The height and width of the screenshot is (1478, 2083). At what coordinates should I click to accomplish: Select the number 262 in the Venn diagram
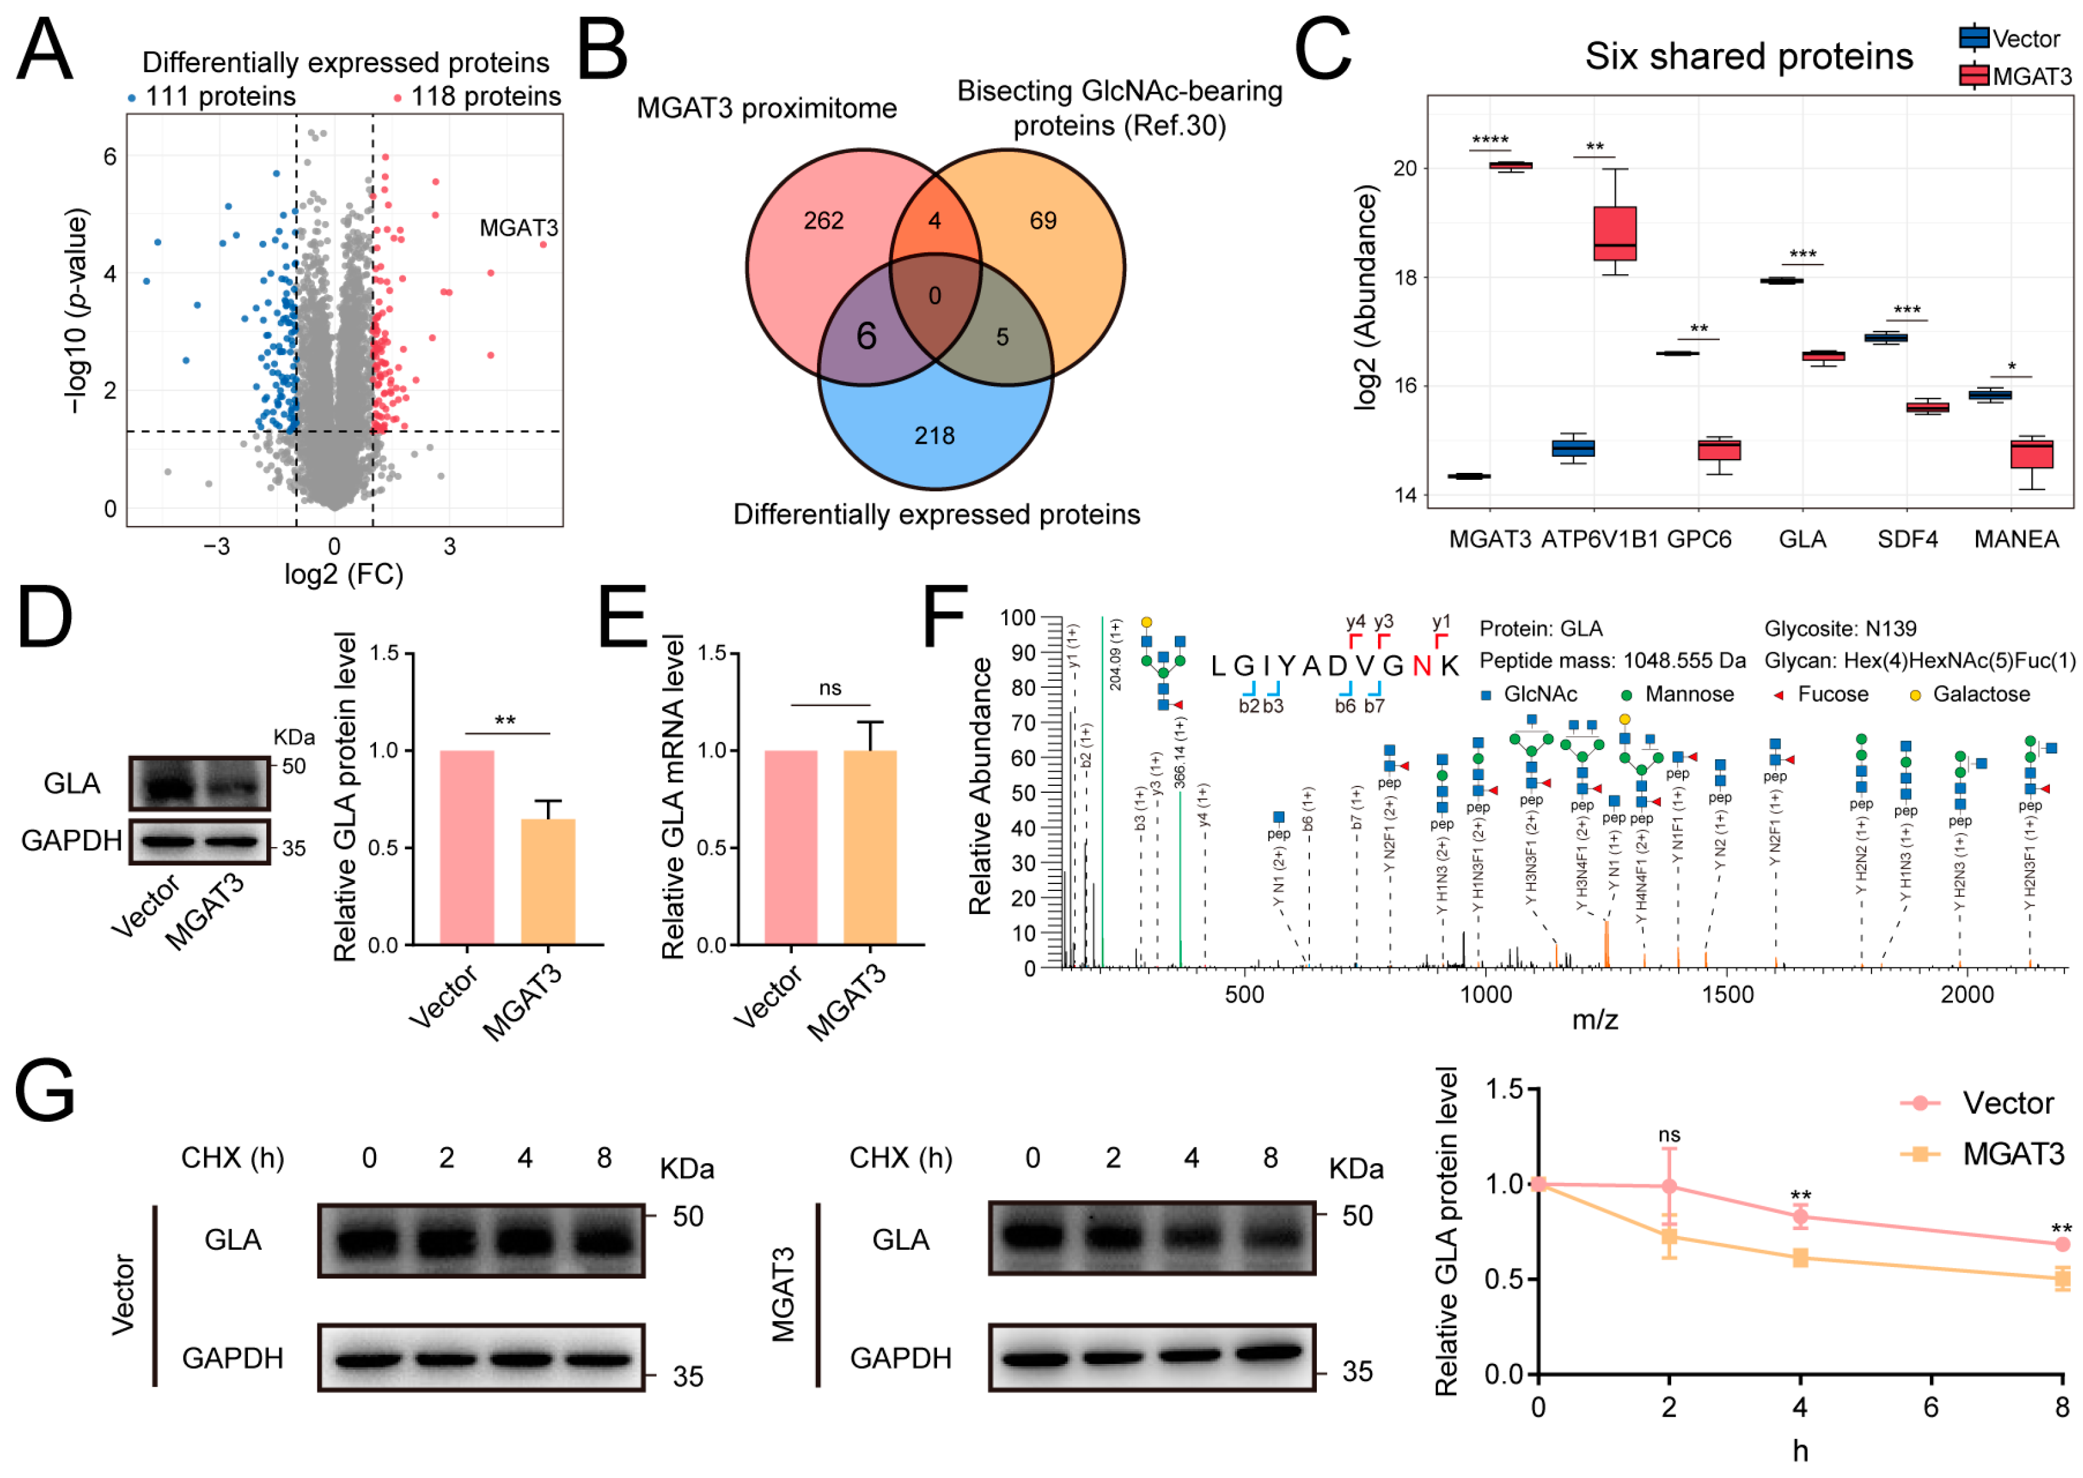click(823, 221)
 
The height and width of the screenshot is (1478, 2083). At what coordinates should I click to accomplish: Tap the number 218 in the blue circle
click(934, 435)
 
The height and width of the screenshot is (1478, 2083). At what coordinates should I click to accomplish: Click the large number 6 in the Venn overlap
click(866, 337)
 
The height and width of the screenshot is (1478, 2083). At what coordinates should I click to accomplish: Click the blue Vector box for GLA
click(1781, 280)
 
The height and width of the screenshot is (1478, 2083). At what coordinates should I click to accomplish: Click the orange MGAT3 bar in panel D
click(548, 881)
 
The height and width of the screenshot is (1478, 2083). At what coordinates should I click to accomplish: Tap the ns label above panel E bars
click(829, 688)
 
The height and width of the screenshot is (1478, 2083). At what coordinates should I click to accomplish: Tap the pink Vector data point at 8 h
click(2061, 1243)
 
